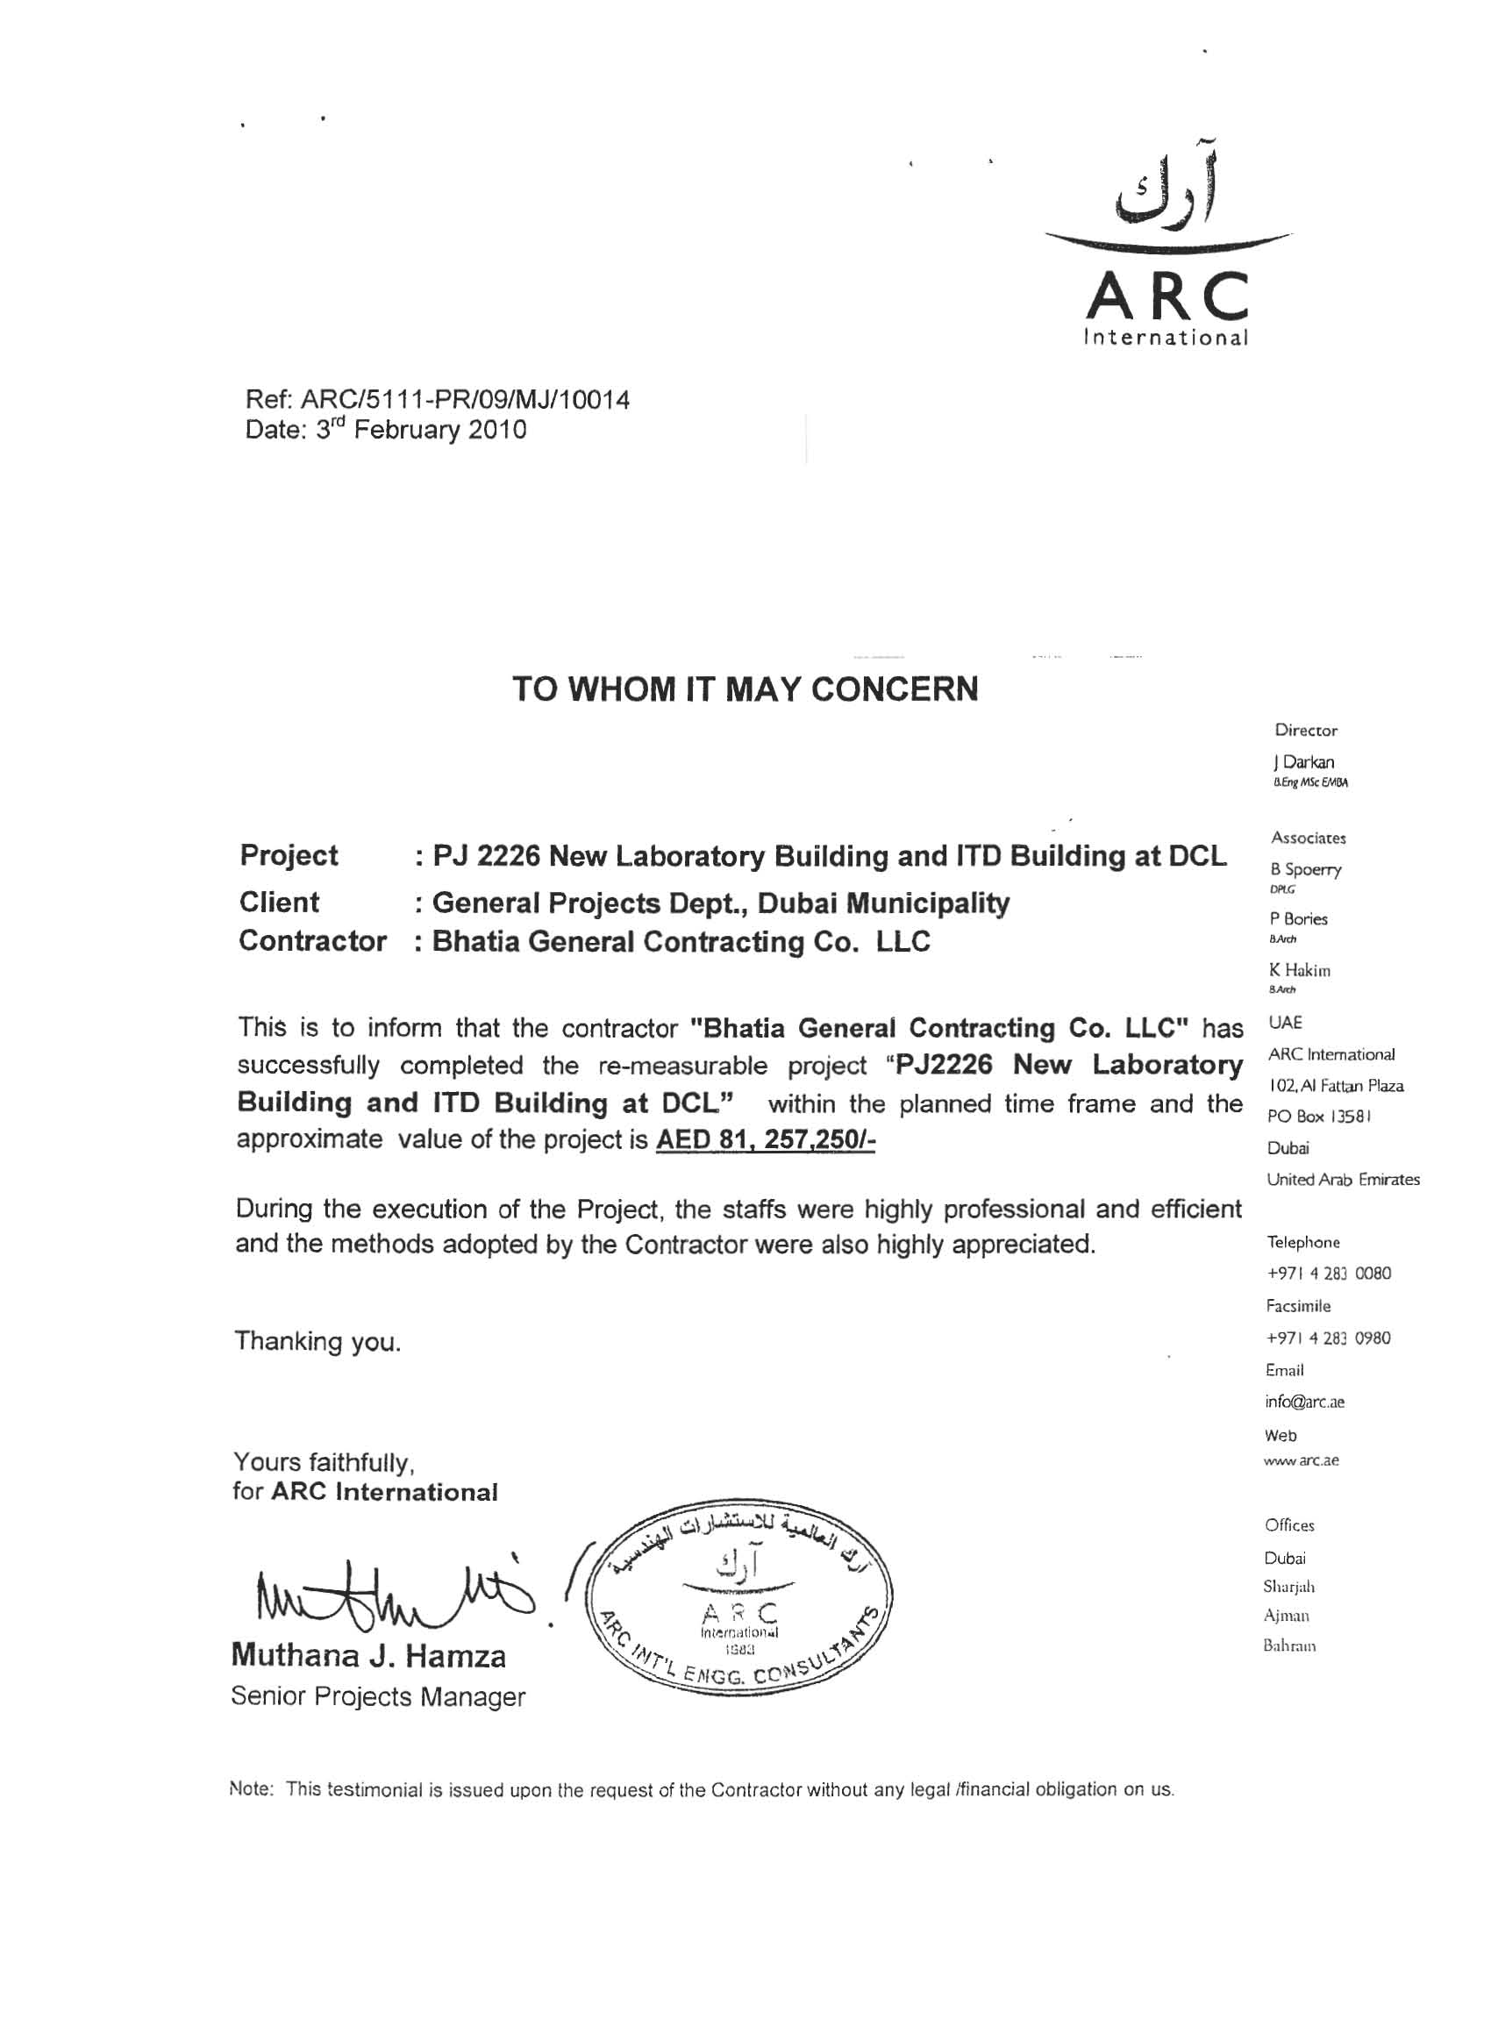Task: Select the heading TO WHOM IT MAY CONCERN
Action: pos(745,689)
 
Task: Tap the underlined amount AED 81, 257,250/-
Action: pos(766,1141)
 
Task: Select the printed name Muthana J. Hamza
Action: pos(368,1656)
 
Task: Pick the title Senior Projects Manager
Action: pos(377,1696)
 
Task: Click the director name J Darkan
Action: pos(1303,762)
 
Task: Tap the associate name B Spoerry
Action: pos(1305,869)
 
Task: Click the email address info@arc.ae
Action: pos(1305,1402)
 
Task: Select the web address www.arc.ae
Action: pos(1302,1460)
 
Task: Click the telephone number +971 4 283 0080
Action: pos(1329,1274)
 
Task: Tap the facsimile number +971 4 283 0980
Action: pos(1329,1338)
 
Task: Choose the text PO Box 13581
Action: pos(1319,1117)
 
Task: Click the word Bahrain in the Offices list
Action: pos(1290,1645)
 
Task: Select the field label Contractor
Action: pos(312,941)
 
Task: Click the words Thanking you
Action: pos(317,1342)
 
